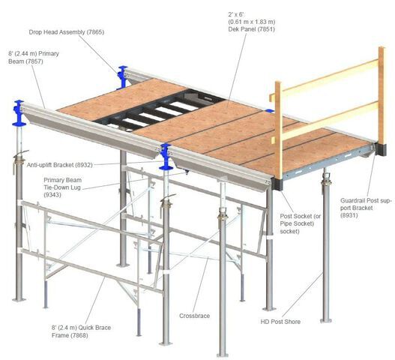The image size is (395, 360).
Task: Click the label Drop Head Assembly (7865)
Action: tap(66, 32)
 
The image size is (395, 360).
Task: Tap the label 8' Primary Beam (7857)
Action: tap(34, 58)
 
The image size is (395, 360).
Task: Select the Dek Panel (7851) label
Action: tap(252, 22)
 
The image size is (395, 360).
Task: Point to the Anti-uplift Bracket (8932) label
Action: tap(60, 165)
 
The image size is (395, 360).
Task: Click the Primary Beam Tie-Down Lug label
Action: tap(62, 187)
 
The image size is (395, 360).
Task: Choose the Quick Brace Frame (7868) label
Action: tap(81, 331)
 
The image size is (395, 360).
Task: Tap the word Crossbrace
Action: tap(194, 316)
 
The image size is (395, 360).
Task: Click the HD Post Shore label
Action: tap(280, 322)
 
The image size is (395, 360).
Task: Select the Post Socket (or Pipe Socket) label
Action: tap(301, 223)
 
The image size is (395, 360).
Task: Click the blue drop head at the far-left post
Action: tap(19, 112)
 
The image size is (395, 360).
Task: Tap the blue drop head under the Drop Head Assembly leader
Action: tap(123, 77)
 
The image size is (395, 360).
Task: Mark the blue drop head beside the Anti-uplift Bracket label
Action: tap(166, 157)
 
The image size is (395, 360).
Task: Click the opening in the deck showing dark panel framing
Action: tap(159, 110)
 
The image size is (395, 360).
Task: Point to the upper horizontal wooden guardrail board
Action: tap(325, 77)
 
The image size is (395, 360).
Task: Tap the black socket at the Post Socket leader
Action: tap(278, 184)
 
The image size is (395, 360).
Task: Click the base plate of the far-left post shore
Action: tap(19, 299)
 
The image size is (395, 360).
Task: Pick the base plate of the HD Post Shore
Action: tap(326, 321)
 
